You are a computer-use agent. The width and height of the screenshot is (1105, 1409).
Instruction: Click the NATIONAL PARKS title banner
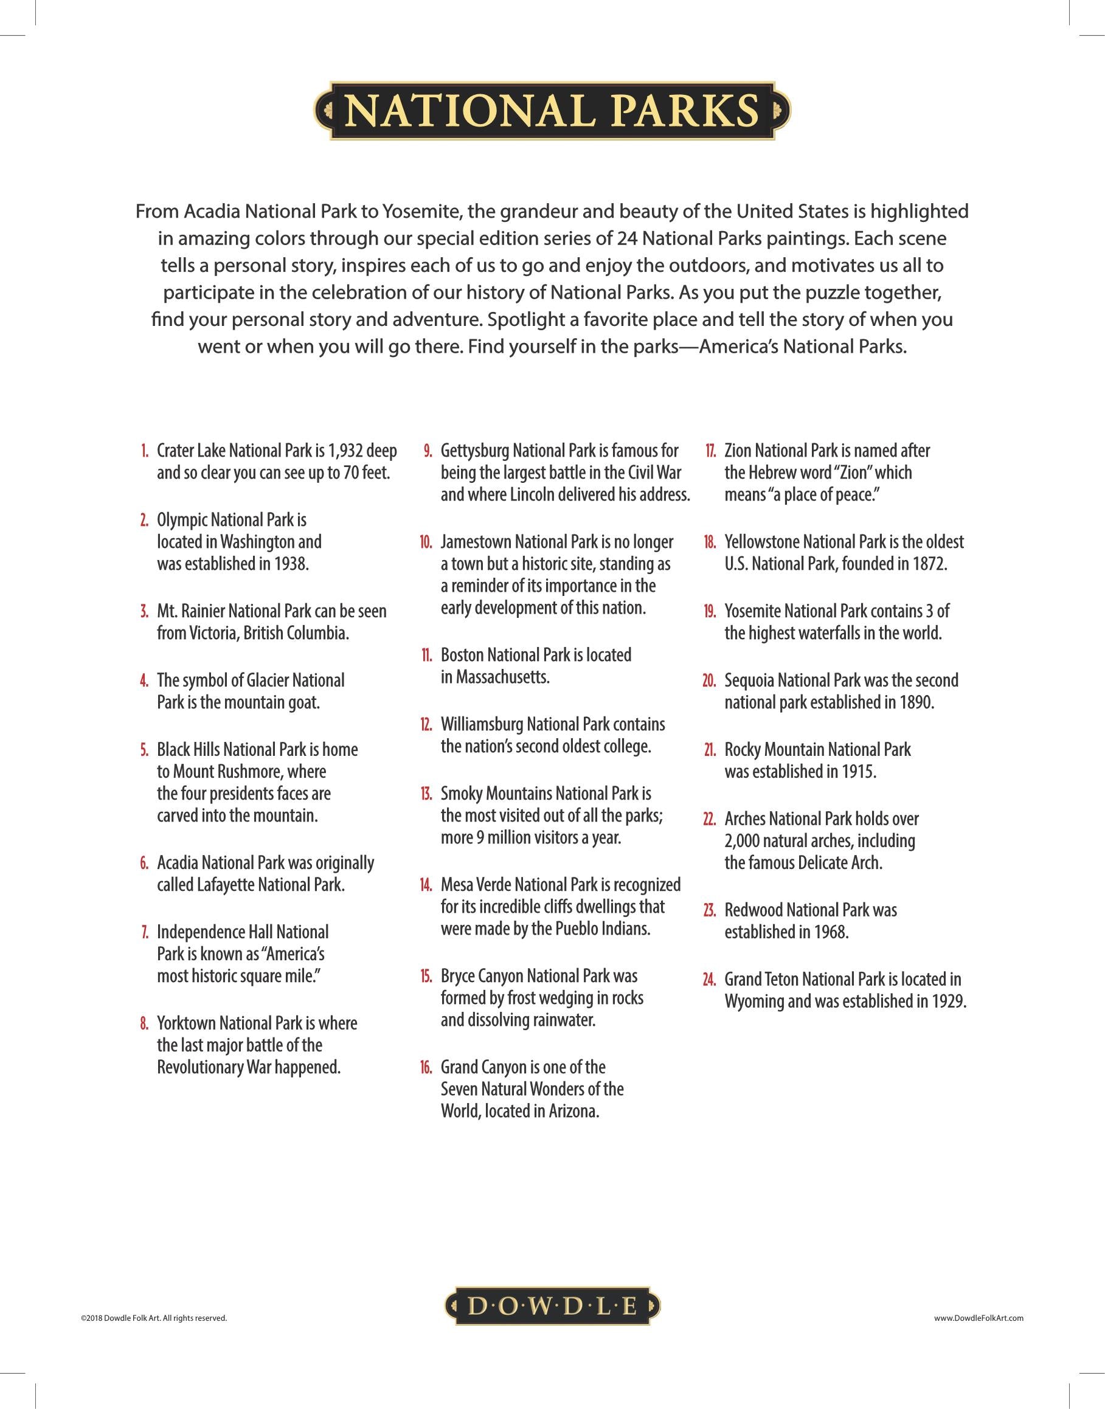(x=552, y=111)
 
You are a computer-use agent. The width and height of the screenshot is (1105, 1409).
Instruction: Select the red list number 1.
(x=144, y=451)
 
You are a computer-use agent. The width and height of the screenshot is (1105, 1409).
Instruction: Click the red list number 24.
(x=709, y=980)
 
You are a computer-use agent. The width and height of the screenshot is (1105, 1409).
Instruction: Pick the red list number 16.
(x=426, y=1067)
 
